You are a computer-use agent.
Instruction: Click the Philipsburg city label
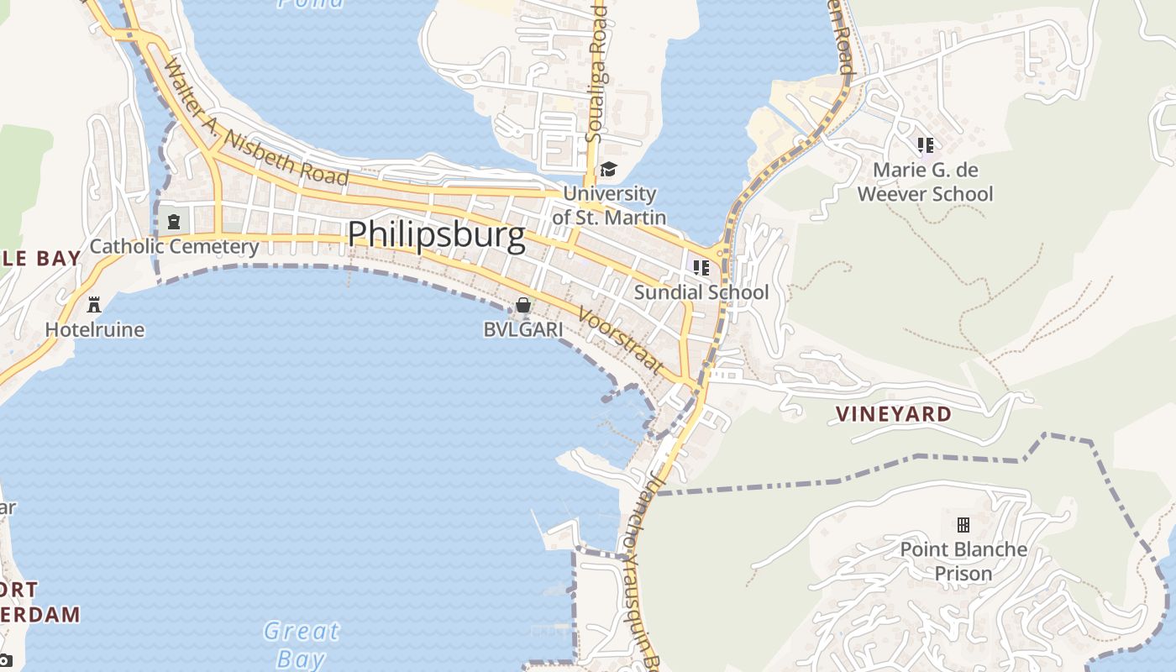[437, 234]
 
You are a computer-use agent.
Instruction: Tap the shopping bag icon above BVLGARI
[523, 305]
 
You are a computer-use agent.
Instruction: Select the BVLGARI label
[523, 329]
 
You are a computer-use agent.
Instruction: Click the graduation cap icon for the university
[607, 170]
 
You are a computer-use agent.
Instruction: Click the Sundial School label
[701, 292]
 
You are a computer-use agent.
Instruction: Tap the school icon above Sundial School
[701, 268]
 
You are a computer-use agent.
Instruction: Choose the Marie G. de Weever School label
[925, 182]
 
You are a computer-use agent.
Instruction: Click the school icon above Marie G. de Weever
[925, 145]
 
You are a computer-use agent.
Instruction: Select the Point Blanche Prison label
[963, 561]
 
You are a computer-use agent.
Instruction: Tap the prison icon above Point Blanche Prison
[963, 525]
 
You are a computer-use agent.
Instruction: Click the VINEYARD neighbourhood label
[894, 414]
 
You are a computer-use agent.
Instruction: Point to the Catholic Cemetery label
[174, 246]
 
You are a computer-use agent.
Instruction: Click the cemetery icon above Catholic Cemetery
[174, 222]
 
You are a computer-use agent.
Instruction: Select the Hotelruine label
[95, 329]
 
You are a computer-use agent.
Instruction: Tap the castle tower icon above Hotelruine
[94, 303]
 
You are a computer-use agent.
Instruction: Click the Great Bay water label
[301, 644]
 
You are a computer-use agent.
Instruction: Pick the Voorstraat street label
[622, 341]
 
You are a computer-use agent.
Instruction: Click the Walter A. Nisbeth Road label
[256, 122]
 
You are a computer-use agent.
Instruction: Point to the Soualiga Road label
[596, 71]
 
